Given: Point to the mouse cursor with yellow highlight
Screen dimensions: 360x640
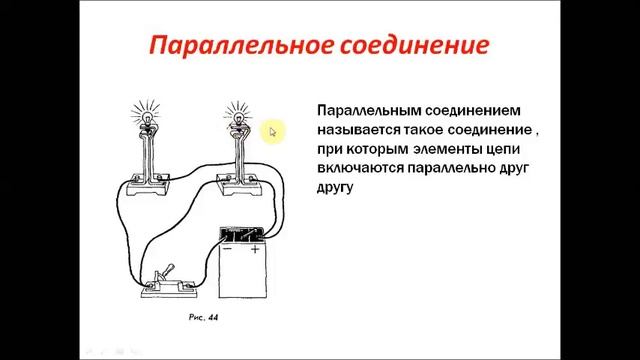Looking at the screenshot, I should [x=272, y=131].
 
